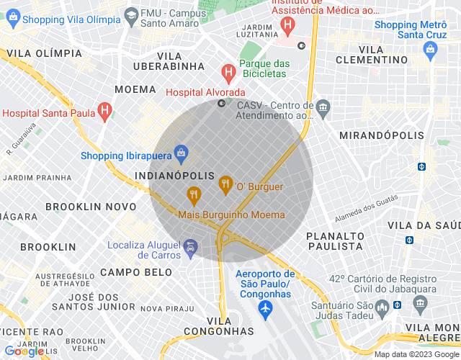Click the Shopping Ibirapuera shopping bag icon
[181, 153]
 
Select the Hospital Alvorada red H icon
[228, 72]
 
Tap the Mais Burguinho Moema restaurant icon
[193, 194]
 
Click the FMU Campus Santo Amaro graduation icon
[131, 14]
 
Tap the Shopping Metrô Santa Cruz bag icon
[431, 50]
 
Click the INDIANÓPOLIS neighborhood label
[174, 176]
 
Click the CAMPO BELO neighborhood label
[136, 272]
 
